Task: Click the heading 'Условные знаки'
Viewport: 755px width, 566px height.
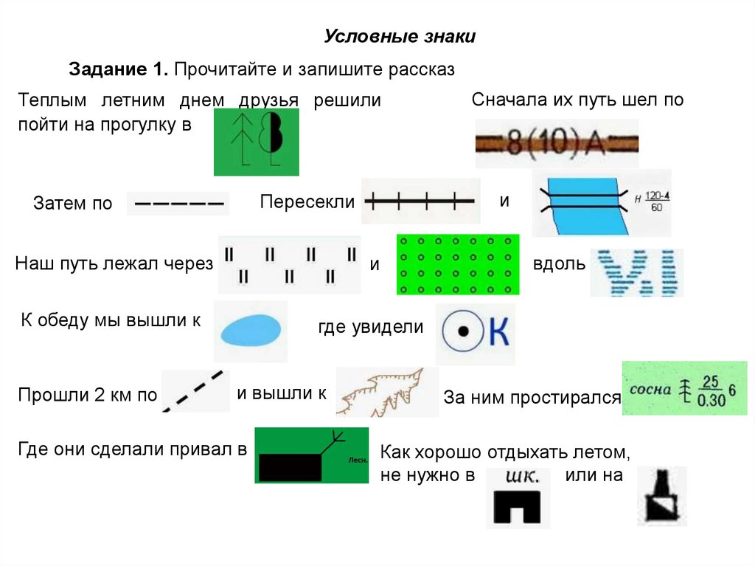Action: click(400, 37)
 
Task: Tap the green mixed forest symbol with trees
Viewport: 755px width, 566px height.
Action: click(256, 142)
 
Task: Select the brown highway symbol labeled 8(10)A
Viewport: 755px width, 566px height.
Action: click(557, 143)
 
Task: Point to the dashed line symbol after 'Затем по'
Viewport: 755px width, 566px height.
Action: click(178, 203)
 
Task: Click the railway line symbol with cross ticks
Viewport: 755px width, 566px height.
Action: click(421, 200)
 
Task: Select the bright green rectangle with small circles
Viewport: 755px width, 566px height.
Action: click(458, 265)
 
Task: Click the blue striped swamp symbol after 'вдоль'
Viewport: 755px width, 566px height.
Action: click(636, 272)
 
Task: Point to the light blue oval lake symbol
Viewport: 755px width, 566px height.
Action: click(250, 330)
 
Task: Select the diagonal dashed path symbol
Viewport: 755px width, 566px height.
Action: click(194, 391)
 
